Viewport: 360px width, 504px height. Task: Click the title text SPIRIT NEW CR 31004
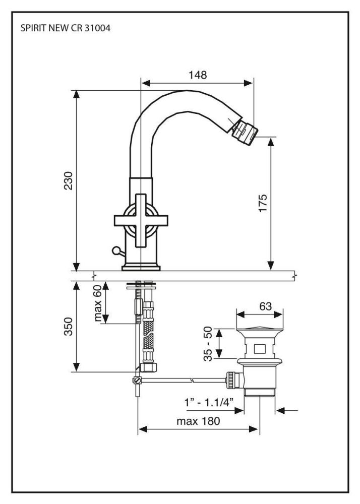(65, 28)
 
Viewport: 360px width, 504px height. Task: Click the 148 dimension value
(198, 75)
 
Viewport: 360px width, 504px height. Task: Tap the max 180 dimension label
(198, 421)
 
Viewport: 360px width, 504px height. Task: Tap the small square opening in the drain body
(260, 348)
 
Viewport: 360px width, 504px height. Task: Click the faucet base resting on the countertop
(141, 266)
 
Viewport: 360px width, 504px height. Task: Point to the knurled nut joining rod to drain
(231, 380)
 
